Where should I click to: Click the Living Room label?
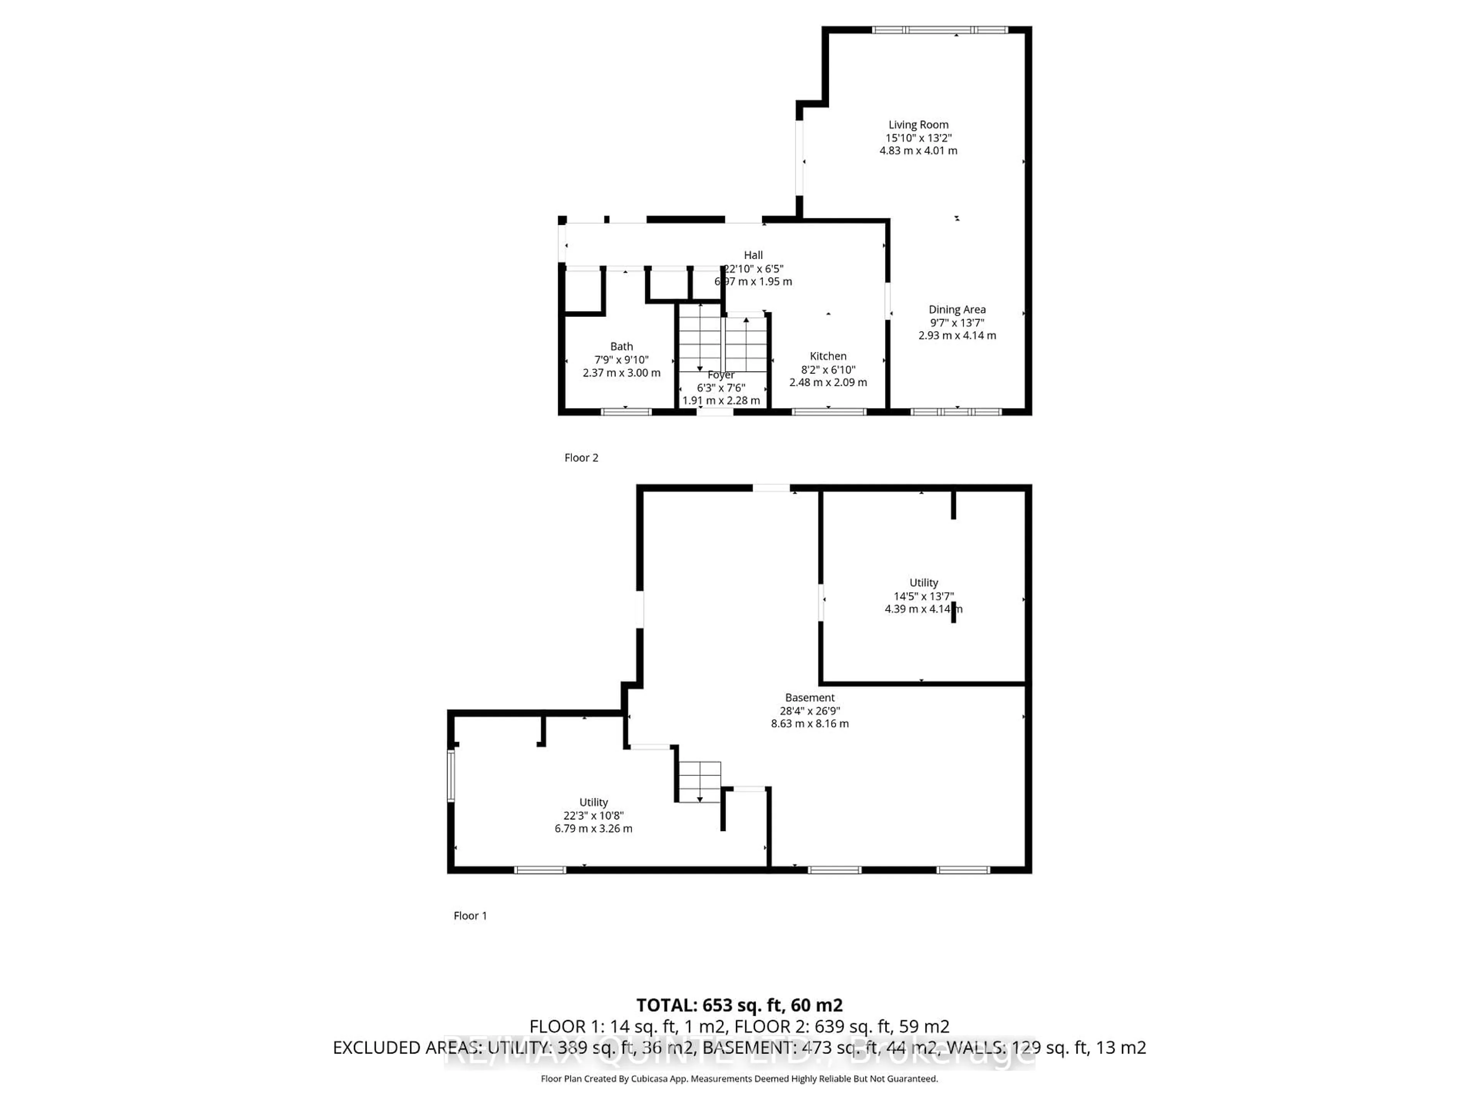coord(918,124)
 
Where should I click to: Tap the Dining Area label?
coord(957,310)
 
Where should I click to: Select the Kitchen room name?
coord(828,356)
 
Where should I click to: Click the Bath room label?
coord(621,346)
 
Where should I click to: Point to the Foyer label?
coord(721,375)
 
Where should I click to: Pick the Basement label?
coord(810,697)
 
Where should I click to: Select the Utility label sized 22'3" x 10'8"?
coord(593,802)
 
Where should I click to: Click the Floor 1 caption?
coord(470,916)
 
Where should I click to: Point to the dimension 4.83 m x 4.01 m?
coord(918,151)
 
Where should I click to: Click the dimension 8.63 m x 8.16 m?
coord(810,723)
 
